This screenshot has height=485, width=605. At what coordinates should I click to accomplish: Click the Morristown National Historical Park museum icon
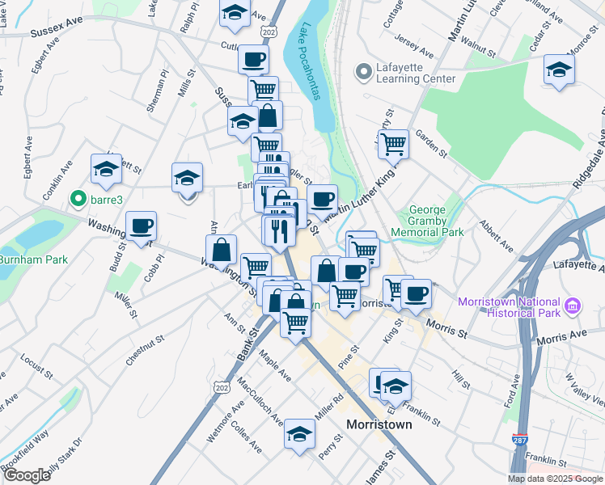click(573, 306)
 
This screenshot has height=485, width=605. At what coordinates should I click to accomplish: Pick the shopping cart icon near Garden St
click(393, 144)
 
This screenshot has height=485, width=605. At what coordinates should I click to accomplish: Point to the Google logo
click(27, 475)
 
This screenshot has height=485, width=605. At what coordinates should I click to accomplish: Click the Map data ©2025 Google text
click(555, 479)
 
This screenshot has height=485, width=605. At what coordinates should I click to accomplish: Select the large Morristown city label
click(379, 424)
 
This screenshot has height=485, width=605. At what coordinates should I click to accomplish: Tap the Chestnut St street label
click(146, 349)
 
